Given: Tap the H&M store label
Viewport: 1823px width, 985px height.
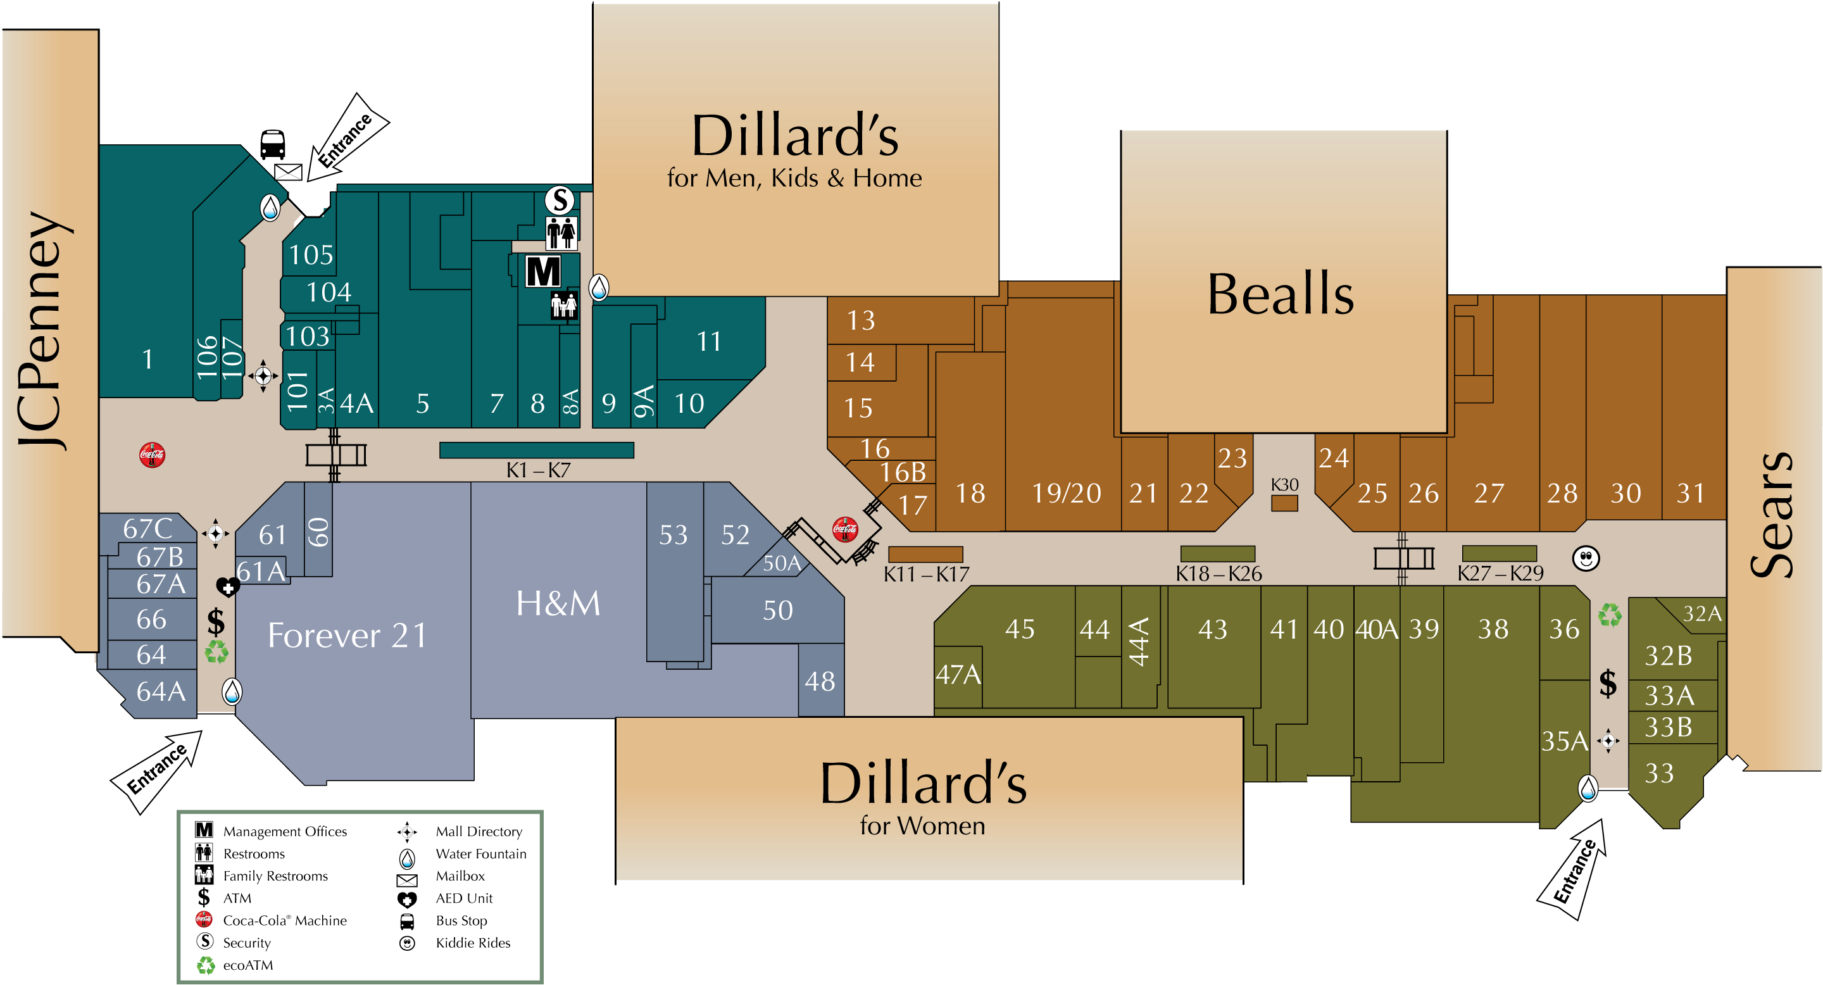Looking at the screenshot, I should pyautogui.click(x=558, y=603).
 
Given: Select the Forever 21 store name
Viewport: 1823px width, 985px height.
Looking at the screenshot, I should pyautogui.click(x=347, y=635).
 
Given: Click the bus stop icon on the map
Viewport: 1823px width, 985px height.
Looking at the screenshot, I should pyautogui.click(x=272, y=144).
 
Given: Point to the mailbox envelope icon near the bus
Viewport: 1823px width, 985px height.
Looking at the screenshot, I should pyautogui.click(x=288, y=172).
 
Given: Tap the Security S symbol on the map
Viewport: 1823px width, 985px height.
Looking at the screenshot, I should pyautogui.click(x=560, y=200).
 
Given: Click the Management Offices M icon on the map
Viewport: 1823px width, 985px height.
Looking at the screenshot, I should pyautogui.click(x=543, y=271).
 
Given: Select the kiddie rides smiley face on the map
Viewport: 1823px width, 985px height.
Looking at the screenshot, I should pyautogui.click(x=1585, y=558).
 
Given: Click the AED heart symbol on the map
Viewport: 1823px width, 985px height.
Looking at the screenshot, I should pyautogui.click(x=227, y=587).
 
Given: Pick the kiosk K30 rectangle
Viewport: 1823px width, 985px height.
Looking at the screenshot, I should pyautogui.click(x=1284, y=503).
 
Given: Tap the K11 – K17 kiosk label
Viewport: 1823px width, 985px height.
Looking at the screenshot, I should pyautogui.click(x=925, y=574).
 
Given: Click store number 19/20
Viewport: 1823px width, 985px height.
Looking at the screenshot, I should pyautogui.click(x=1066, y=493).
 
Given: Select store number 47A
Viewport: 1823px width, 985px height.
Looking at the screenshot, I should pyautogui.click(x=958, y=674).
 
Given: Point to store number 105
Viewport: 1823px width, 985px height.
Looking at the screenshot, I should pyautogui.click(x=311, y=254).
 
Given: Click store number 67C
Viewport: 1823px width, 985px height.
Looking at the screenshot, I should pyautogui.click(x=147, y=529).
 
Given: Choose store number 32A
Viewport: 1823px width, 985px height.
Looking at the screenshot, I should pyautogui.click(x=1701, y=613).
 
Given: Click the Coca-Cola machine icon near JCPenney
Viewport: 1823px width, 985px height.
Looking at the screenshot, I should pyautogui.click(x=152, y=455).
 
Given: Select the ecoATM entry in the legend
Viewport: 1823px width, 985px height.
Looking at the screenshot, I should pyautogui.click(x=247, y=965).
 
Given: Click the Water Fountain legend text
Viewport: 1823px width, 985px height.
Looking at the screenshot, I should pyautogui.click(x=480, y=853).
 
